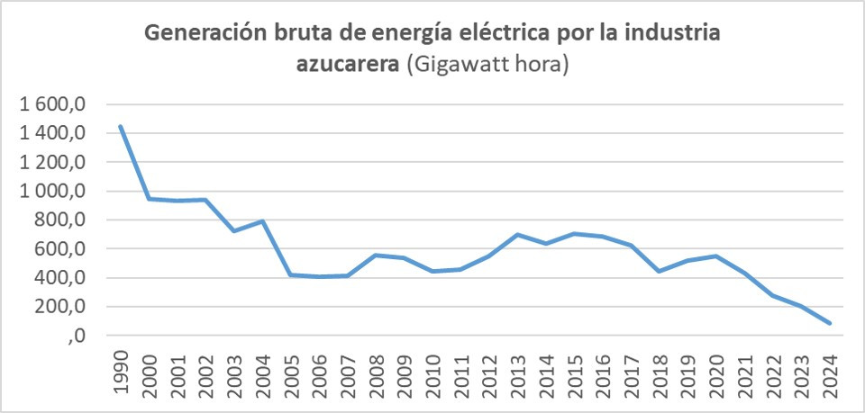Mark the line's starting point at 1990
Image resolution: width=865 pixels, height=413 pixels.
click(x=121, y=127)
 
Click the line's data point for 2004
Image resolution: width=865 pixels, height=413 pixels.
click(x=262, y=220)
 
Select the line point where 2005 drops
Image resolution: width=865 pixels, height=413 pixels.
click(x=291, y=274)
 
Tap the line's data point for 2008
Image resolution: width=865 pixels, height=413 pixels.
click(x=376, y=255)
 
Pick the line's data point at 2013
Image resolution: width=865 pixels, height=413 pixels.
click(x=517, y=235)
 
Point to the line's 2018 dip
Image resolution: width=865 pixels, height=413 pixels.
click(x=659, y=271)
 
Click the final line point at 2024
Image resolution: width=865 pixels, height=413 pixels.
click(x=829, y=323)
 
